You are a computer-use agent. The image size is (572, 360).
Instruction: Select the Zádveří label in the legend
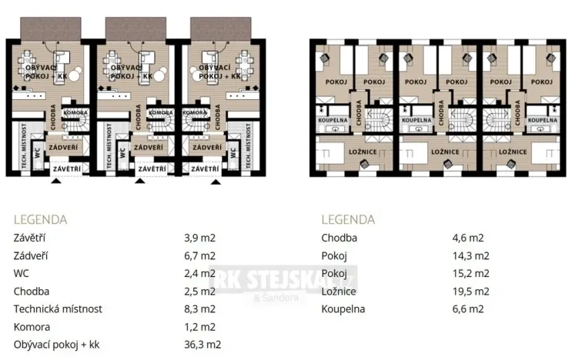coord(30,255)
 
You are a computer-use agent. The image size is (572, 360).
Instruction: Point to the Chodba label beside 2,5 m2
coord(31,292)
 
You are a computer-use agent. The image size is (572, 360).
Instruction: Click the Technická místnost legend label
coord(59,309)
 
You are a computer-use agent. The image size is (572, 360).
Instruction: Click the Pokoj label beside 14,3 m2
coord(334,255)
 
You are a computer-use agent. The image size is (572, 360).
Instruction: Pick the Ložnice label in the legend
coord(338,292)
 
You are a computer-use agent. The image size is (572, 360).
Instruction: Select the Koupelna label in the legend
coord(343,309)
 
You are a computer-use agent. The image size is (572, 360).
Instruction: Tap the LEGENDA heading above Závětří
coord(40,219)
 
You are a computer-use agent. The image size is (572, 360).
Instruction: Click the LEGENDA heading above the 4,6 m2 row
coord(347,219)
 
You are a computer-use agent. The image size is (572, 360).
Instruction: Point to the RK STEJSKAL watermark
coord(285,276)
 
